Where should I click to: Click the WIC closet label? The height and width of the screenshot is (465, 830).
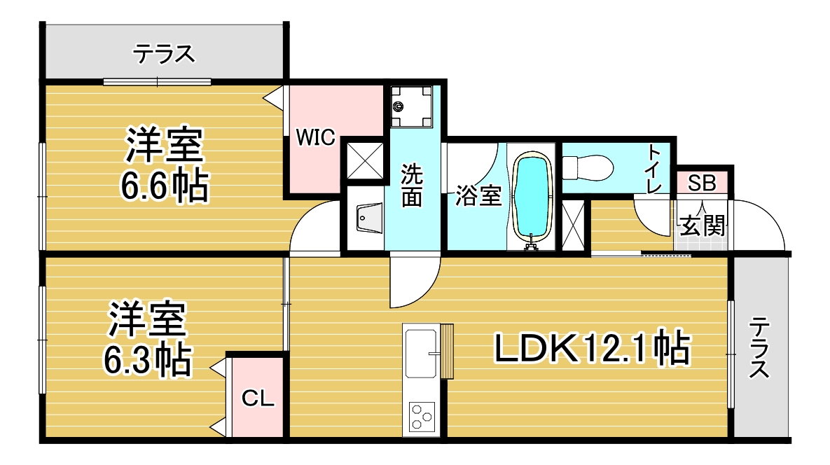pyautogui.click(x=315, y=137)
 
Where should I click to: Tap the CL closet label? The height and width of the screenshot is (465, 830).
pyautogui.click(x=258, y=398)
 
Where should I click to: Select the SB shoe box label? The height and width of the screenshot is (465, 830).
pyautogui.click(x=702, y=183)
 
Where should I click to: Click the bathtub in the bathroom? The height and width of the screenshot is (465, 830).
pyautogui.click(x=533, y=195)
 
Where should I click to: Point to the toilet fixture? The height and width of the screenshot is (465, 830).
pyautogui.click(x=588, y=167)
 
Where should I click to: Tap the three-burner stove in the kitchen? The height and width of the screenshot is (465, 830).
pyautogui.click(x=422, y=416)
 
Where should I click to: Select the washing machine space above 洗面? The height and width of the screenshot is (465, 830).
pyautogui.click(x=411, y=107)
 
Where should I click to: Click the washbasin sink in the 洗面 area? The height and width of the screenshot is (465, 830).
pyautogui.click(x=369, y=218)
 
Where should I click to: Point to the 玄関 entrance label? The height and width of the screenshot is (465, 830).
pyautogui.click(x=702, y=226)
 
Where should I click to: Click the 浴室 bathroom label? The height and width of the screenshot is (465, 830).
pyautogui.click(x=478, y=195)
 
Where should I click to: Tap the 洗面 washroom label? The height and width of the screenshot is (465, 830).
pyautogui.click(x=412, y=185)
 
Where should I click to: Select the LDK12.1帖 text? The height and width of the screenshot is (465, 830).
pyautogui.click(x=593, y=348)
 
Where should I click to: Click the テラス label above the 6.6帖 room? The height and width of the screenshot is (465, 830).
pyautogui.click(x=164, y=54)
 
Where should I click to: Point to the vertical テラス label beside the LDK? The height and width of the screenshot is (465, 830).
pyautogui.click(x=759, y=347)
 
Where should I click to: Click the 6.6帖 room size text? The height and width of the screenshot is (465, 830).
pyautogui.click(x=165, y=186)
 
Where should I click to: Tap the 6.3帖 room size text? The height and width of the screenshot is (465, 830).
pyautogui.click(x=147, y=360)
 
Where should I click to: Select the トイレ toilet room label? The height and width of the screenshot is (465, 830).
pyautogui.click(x=655, y=169)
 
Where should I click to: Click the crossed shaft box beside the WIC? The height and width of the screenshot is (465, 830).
pyautogui.click(x=365, y=160)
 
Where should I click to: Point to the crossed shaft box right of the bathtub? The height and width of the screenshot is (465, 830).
pyautogui.click(x=573, y=225)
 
